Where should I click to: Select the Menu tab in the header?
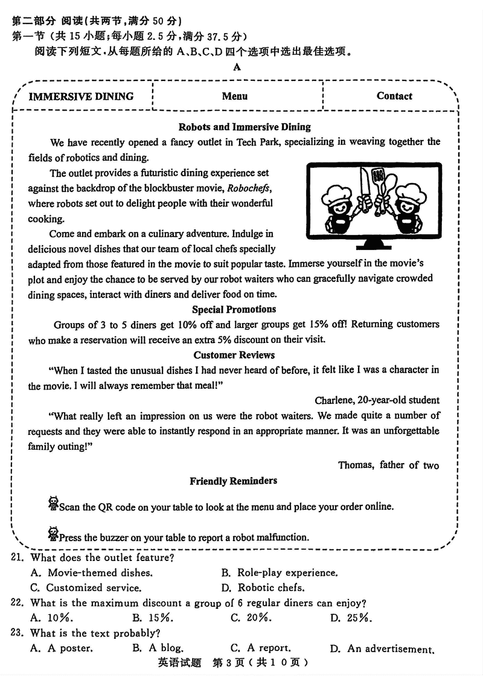(234, 96)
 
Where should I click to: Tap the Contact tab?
(394, 96)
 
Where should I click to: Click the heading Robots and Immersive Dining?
(245, 127)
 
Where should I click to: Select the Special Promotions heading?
(234, 309)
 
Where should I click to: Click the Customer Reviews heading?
(234, 355)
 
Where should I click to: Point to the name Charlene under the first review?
(334, 400)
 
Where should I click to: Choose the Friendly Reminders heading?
(234, 481)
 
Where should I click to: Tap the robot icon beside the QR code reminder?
(53, 504)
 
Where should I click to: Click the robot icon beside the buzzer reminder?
(53, 534)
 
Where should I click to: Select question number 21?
(18, 557)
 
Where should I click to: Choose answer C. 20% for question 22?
(251, 618)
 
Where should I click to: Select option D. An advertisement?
(382, 649)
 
